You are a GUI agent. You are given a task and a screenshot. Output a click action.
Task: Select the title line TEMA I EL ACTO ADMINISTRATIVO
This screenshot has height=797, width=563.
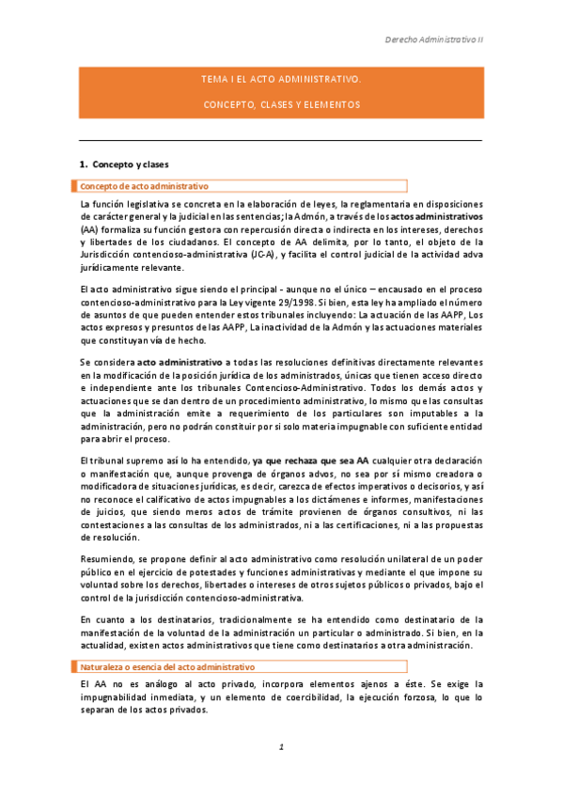click(281, 81)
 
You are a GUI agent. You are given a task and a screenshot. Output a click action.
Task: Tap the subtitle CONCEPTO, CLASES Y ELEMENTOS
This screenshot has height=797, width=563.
click(281, 103)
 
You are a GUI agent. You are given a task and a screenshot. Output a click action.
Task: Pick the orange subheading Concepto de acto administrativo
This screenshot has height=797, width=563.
click(145, 186)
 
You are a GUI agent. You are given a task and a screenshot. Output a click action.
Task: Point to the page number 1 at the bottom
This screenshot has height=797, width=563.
click(281, 748)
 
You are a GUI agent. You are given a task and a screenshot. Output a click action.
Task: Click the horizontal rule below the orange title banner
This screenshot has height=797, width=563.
click(281, 140)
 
